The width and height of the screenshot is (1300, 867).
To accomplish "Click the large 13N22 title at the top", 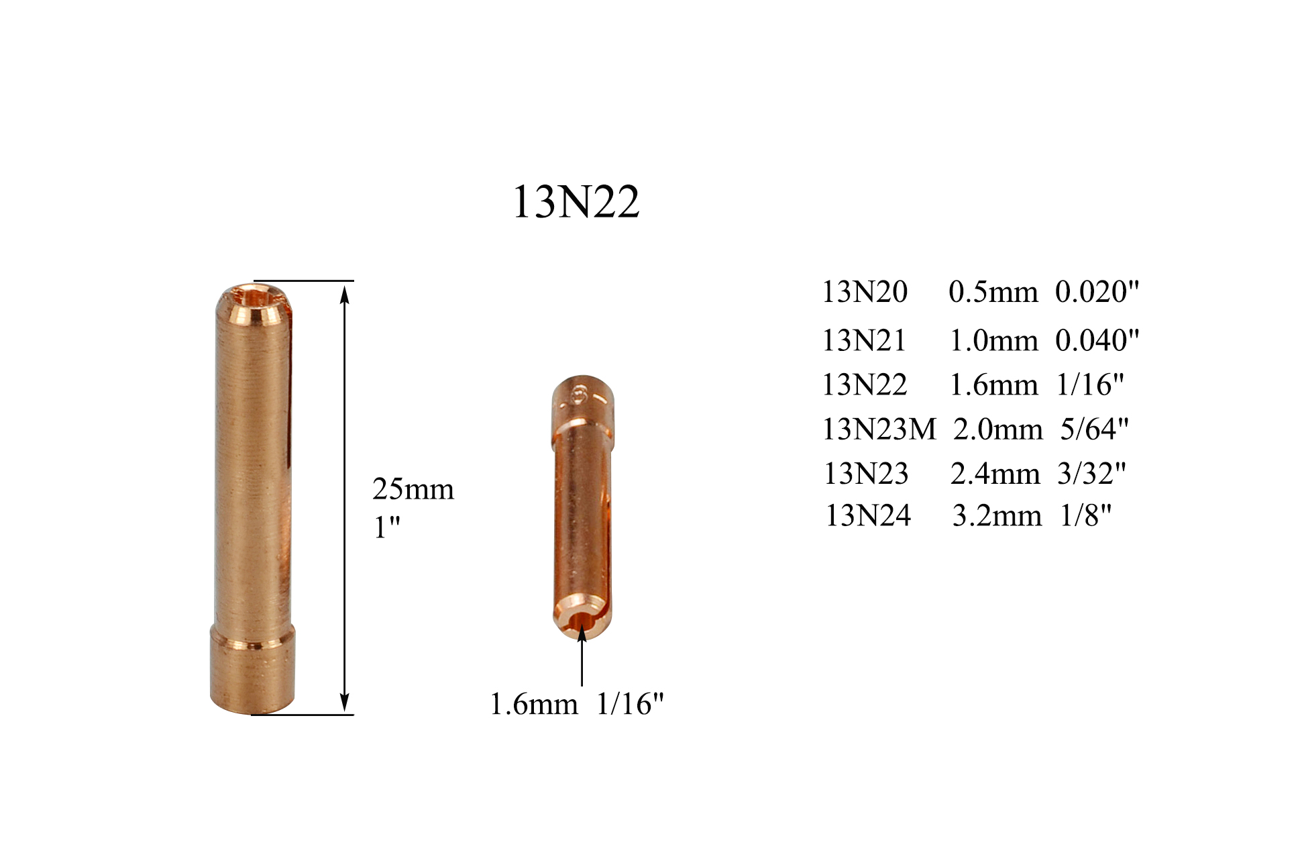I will [x=576, y=202].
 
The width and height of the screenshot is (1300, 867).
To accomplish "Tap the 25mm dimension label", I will [x=413, y=489].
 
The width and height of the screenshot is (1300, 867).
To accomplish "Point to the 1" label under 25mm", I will [x=386, y=527].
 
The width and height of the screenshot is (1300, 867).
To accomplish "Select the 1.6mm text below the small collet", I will [x=533, y=704].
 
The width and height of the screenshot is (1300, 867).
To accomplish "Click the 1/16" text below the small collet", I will [x=629, y=704].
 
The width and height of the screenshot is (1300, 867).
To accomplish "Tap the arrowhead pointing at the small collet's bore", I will [x=582, y=632].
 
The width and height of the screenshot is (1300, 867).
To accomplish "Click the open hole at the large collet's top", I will [x=254, y=295].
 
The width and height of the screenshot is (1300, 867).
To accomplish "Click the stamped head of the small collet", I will [x=582, y=397].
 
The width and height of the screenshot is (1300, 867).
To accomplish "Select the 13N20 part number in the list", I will [x=864, y=292].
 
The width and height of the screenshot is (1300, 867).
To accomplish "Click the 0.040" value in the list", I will [x=1096, y=340].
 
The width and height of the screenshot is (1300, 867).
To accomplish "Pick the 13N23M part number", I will [x=878, y=429].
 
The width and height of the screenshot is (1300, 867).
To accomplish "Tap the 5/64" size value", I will [x=1093, y=429].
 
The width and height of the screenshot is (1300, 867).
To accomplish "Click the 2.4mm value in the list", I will [x=994, y=474].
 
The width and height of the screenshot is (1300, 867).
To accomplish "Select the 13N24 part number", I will [x=867, y=516].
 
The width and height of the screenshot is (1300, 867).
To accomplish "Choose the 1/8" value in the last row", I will [x=1085, y=516].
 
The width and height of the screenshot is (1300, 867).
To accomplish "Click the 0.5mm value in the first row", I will [x=993, y=292].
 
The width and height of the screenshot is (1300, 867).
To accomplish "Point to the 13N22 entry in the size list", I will [x=864, y=385].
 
